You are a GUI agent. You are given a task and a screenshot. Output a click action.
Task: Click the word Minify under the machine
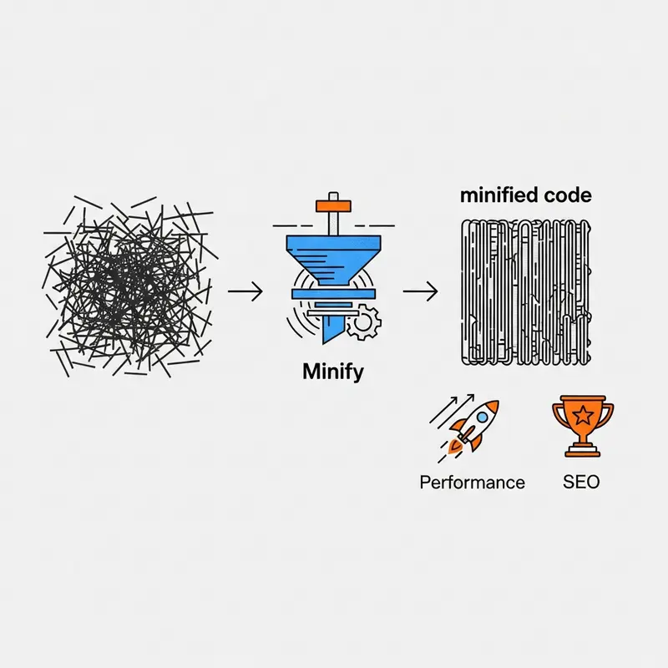(333, 372)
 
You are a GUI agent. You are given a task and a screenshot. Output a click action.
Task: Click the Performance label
(472, 483)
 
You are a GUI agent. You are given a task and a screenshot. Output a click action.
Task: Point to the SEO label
(581, 482)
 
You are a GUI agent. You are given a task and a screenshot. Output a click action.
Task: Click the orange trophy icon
(583, 426)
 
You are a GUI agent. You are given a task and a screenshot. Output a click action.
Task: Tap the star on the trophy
(582, 415)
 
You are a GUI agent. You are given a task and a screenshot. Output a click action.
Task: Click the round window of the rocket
(483, 417)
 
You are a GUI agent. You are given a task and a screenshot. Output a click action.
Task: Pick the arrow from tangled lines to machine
(245, 291)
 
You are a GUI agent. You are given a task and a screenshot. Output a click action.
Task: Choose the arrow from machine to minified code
(421, 291)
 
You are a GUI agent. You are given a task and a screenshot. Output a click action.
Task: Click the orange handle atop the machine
(333, 206)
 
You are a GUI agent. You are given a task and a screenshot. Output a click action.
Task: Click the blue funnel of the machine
(333, 260)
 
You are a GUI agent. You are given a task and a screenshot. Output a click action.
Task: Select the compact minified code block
(526, 292)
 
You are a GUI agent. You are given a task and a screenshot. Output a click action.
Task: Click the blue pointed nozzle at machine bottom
(331, 328)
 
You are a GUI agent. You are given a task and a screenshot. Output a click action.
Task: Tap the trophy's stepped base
(583, 450)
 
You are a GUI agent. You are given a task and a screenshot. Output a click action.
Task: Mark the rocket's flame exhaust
(455, 445)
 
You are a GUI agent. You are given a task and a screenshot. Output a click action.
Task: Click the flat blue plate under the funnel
(333, 294)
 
